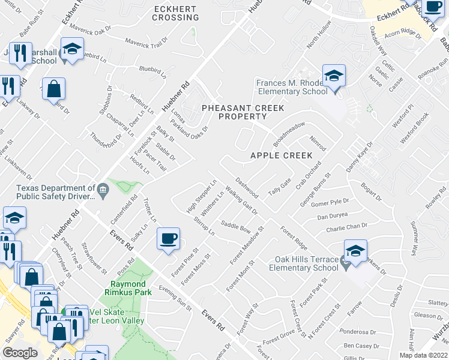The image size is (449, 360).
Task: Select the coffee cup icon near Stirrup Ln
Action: pyautogui.click(x=168, y=239)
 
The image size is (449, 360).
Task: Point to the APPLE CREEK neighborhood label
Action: pyautogui.click(x=282, y=155)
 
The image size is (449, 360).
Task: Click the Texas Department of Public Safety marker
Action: pyautogui.click(x=103, y=191)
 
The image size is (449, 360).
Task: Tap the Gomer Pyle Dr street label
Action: pyautogui.click(x=330, y=203)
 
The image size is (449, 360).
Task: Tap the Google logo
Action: pyautogui.click(x=20, y=353)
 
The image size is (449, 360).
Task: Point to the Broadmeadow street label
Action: pyautogui.click(x=289, y=134)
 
